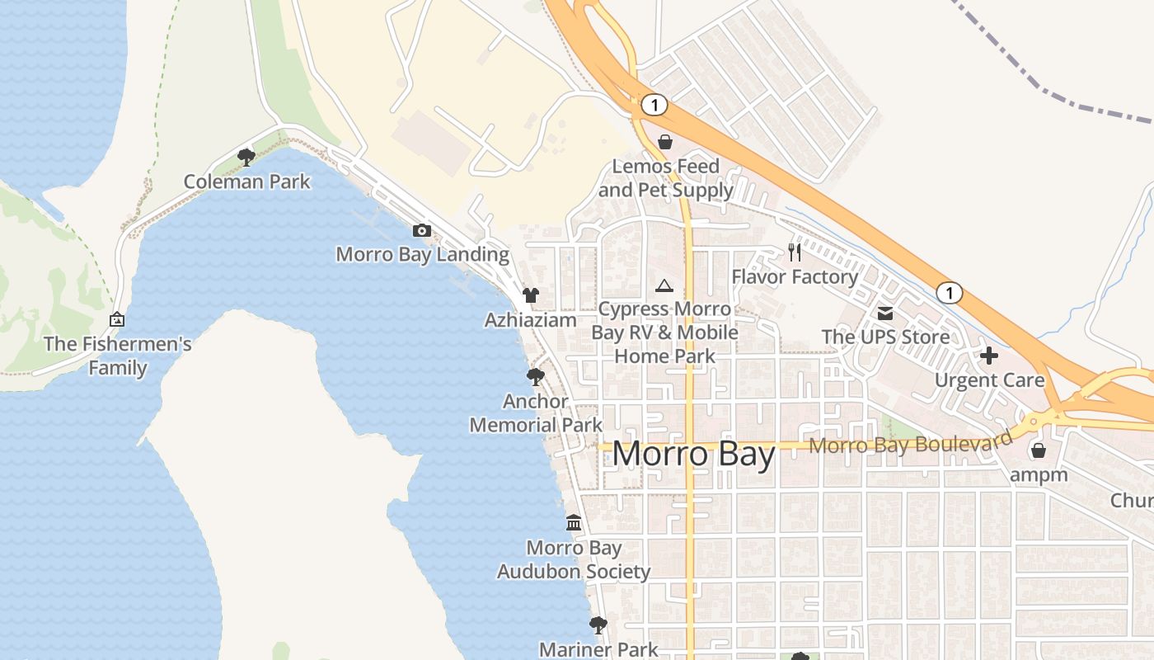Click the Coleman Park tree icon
coord(246,157)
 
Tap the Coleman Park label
coord(246,181)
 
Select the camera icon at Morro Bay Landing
coord(422,230)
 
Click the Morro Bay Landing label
coord(422,254)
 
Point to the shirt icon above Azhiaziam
coord(531,295)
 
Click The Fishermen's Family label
coord(118,356)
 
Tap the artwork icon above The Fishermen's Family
coord(117,319)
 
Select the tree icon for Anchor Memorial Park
coord(536,377)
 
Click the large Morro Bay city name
coord(693,455)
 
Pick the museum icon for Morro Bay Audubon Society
coord(574,523)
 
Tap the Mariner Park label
coord(598,649)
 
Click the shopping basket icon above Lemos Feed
coord(665,142)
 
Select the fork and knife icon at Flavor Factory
coord(795,252)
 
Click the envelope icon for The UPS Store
coord(885,313)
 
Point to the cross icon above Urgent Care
coord(989,356)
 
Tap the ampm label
coord(1039,474)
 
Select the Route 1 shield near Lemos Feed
coord(654,105)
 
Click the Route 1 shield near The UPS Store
coord(950,293)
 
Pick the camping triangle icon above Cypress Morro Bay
coord(664,286)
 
